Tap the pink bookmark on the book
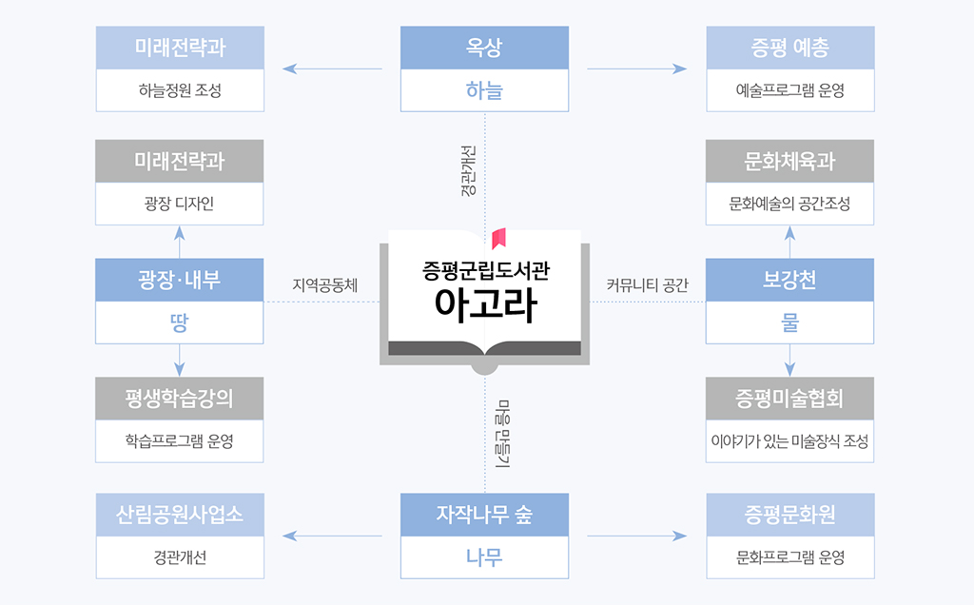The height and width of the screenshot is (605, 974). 497,238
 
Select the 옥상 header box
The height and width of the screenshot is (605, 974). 484,48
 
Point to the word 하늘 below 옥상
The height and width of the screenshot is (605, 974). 484,91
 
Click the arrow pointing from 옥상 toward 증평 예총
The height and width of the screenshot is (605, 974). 636,68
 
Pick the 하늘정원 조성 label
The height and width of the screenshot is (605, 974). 180,91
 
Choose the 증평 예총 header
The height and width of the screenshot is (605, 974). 789,48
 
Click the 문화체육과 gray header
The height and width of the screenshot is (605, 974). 789,161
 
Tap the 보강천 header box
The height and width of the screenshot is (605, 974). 789,280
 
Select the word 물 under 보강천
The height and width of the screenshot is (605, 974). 789,323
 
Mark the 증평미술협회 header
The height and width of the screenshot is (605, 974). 789,398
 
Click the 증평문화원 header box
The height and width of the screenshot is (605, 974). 789,515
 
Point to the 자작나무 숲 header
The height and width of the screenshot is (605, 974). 484,515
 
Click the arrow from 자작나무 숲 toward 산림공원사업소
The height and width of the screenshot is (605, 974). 332,537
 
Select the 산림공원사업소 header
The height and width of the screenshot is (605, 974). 180,515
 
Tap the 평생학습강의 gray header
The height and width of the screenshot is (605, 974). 180,398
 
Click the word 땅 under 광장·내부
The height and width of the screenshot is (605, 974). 180,323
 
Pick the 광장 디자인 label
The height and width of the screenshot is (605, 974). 180,204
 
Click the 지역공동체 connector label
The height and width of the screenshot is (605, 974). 324,284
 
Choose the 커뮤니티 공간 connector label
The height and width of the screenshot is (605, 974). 647,284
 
